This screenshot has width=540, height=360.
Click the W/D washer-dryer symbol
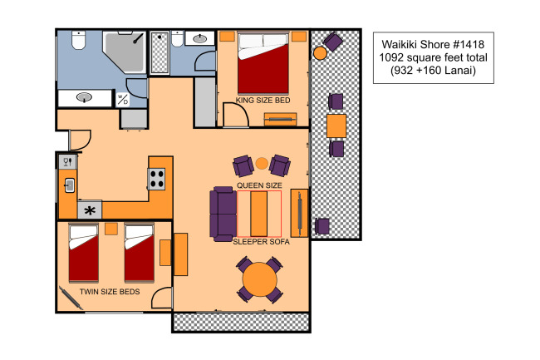123,100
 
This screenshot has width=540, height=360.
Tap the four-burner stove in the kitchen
156,179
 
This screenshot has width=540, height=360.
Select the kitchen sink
69,185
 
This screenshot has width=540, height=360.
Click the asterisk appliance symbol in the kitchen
90,210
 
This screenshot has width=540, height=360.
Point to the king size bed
263,63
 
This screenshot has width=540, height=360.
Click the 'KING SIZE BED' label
263,101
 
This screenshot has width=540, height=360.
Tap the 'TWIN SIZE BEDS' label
110,292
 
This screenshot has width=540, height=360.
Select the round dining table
260,279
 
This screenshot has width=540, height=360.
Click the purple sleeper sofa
223,214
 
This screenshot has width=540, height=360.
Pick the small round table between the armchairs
262,163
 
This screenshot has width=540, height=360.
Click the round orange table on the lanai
320,53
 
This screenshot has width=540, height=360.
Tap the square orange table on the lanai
336,126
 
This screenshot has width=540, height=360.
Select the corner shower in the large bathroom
125,52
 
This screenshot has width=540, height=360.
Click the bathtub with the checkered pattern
160,52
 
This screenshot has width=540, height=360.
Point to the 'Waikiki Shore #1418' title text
433,44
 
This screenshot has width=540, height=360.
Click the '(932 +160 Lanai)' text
433,71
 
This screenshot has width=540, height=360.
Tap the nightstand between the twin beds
110,229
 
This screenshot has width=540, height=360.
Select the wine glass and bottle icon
67,161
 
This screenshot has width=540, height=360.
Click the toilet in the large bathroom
79,40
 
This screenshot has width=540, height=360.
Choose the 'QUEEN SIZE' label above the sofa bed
259,185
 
